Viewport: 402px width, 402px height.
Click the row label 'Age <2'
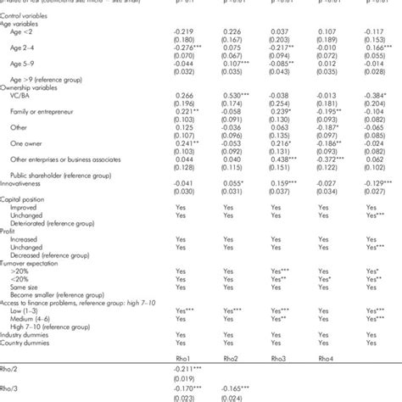pyautogui.click(x=25, y=31)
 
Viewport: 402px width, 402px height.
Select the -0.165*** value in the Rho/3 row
pyautogui.click(x=230, y=388)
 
